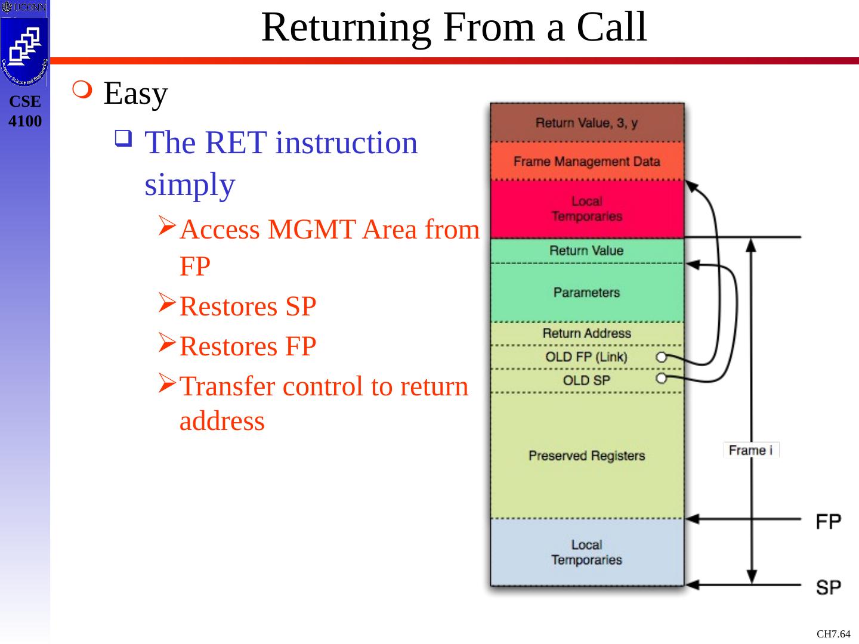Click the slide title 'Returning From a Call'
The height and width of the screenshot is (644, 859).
tap(454, 27)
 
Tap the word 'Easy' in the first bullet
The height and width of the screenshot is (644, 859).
tap(135, 94)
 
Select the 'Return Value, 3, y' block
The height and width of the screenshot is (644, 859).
tap(586, 123)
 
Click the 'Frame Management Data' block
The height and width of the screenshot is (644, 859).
tap(586, 162)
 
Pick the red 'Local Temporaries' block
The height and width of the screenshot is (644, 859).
tap(587, 209)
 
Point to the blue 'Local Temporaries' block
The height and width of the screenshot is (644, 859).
tap(587, 552)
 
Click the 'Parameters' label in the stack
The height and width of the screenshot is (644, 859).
tap(586, 292)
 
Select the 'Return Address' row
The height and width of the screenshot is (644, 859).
tap(586, 333)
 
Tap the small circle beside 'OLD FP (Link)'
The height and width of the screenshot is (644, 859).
tap(661, 357)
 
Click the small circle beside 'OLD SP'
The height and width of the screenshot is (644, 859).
tap(661, 379)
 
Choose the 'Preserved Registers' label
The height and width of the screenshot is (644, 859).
tap(586, 456)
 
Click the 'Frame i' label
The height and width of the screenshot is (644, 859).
tap(750, 450)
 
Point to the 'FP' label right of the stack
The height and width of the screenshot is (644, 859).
tap(828, 522)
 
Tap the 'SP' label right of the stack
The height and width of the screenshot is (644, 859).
tap(828, 587)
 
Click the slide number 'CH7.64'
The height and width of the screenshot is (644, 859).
tap(833, 634)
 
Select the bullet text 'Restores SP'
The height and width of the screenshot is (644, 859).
tap(248, 306)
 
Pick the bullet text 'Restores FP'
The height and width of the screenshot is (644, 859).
tap(248, 346)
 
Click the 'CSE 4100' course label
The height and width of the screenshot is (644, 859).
tap(25, 111)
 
